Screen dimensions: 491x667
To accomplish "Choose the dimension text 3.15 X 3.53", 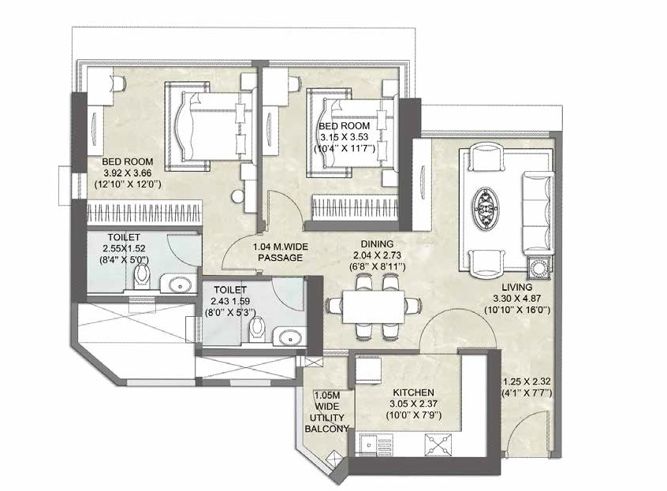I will point(350,137).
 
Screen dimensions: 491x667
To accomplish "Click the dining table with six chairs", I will point(373,306).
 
